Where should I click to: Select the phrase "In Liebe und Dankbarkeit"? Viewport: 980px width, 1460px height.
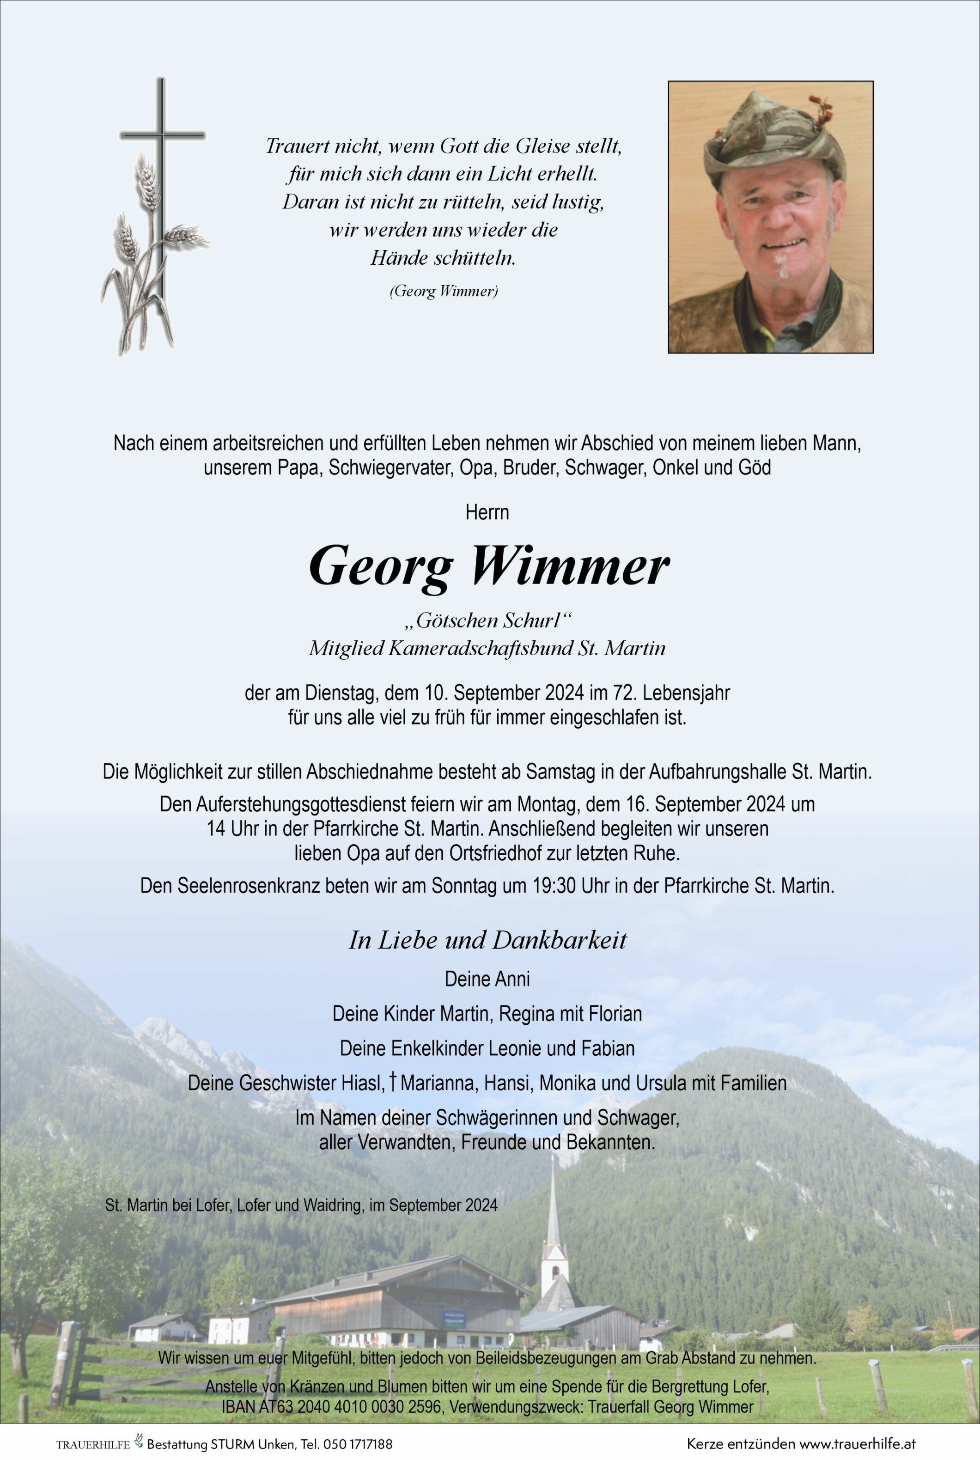tap(487, 941)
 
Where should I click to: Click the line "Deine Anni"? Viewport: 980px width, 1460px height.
tap(487, 979)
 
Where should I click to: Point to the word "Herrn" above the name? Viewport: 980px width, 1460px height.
tap(487, 512)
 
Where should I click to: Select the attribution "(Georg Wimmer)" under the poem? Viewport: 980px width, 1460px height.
tap(444, 291)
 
